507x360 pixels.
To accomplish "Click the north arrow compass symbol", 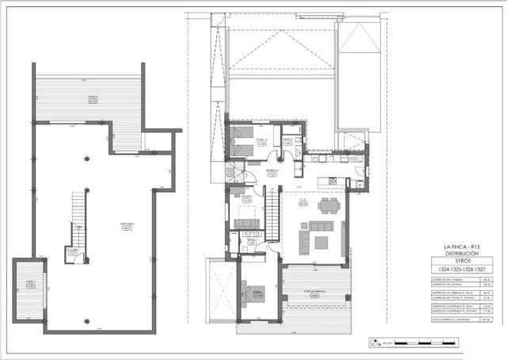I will pyautogui.click(x=372, y=343).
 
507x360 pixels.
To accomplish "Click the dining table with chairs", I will pyautogui.click(x=328, y=205).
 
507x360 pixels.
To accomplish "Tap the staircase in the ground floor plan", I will pyautogui.click(x=272, y=216).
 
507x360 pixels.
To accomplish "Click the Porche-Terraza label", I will pyautogui.click(x=315, y=292).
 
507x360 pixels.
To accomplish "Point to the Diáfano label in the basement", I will pyautogui.click(x=127, y=225).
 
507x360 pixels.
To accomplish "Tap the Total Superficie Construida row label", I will pyautogui.click(x=449, y=320).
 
